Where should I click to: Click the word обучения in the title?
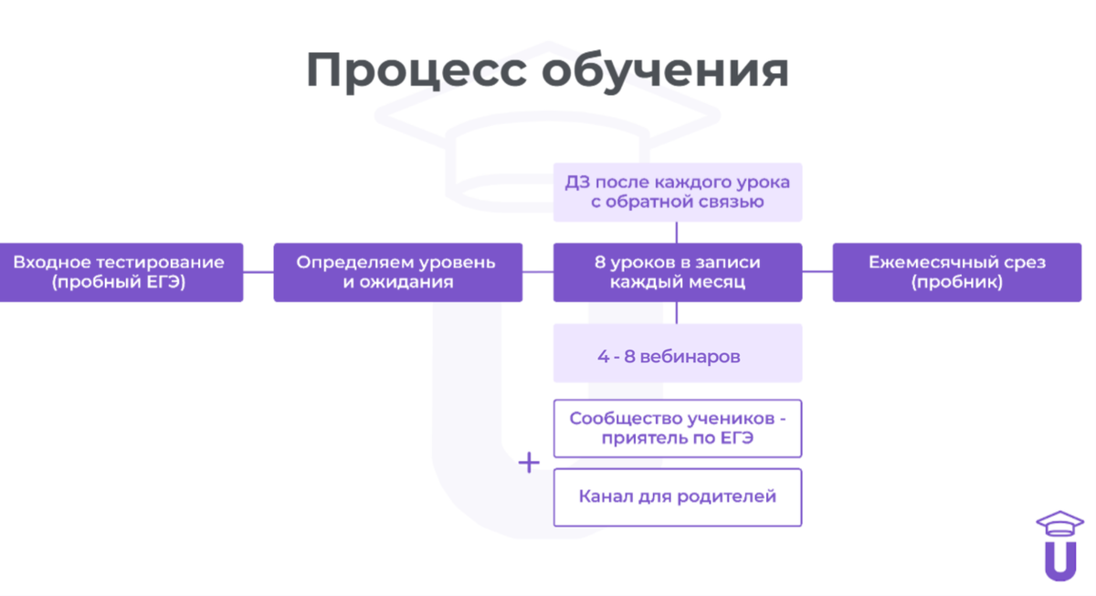click(665, 71)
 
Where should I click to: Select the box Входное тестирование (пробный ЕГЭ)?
click(119, 272)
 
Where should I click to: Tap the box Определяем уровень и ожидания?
click(397, 272)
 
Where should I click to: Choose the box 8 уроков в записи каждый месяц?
click(677, 272)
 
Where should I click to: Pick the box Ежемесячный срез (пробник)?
click(956, 272)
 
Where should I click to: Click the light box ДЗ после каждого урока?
click(677, 192)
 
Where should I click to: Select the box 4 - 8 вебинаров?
click(677, 353)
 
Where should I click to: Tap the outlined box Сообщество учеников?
click(677, 428)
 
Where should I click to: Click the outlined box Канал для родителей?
click(677, 497)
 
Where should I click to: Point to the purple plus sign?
click(529, 464)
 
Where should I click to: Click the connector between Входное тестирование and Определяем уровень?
click(258, 272)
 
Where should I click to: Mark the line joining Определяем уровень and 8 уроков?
click(538, 272)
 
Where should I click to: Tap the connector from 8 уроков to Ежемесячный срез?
click(817, 272)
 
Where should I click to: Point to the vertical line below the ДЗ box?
click(677, 232)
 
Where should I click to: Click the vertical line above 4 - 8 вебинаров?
click(677, 313)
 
